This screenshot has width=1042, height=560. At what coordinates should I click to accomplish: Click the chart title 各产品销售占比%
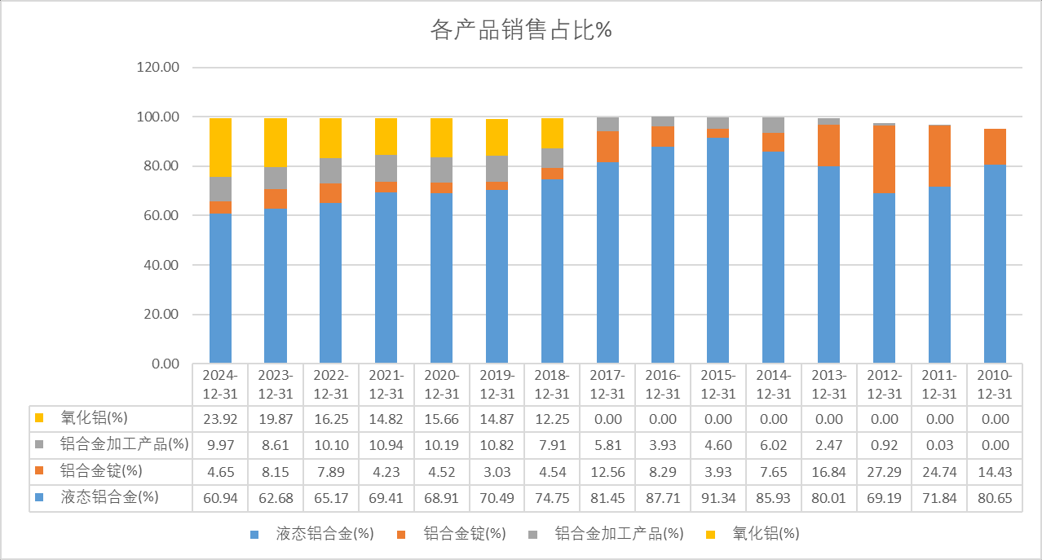pos(521,30)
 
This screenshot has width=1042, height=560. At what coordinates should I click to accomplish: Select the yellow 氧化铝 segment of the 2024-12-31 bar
pos(220,148)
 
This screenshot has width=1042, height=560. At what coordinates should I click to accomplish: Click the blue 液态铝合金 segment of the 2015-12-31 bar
pos(717,250)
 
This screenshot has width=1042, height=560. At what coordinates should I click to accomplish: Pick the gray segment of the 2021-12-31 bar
pos(386,168)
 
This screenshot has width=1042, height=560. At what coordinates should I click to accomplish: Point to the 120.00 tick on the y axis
pos(158,68)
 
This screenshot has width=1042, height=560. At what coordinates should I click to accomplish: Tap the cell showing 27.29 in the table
pos(884,472)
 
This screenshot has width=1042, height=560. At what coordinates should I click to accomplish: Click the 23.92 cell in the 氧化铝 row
pos(220,419)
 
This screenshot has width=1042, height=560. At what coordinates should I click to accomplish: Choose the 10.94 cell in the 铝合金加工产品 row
pos(386,445)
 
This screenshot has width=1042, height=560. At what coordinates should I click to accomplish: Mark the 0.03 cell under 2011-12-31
pos(938,445)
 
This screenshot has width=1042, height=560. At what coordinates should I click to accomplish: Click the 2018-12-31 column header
pos(552,384)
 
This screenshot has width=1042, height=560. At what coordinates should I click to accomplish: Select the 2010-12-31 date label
pos(994,384)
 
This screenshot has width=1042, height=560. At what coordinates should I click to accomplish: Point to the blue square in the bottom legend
pos(255,535)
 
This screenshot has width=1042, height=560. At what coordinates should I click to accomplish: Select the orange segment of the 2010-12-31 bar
pos(994,147)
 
